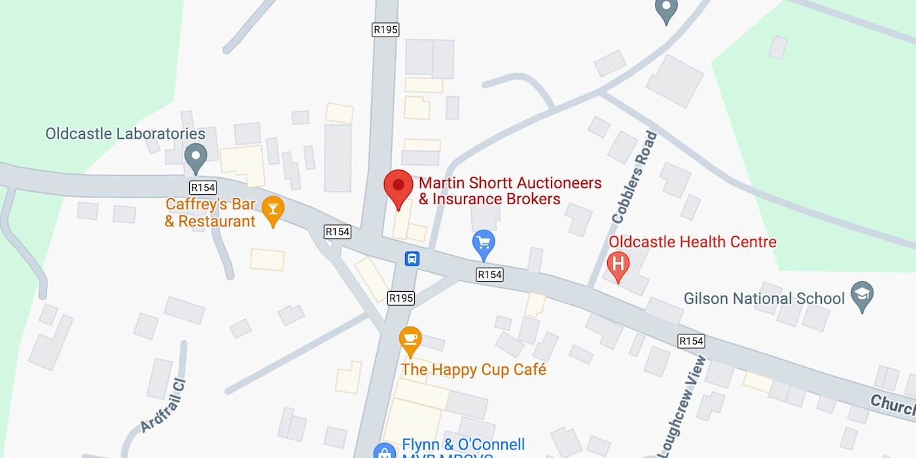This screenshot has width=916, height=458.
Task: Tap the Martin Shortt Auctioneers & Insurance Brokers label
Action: pyautogui.click(x=510, y=191)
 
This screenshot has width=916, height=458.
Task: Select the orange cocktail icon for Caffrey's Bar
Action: pyautogui.click(x=273, y=210)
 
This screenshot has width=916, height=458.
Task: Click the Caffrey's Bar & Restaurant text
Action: pyautogui.click(x=210, y=213)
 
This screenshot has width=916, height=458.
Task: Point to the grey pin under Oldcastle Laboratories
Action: pyautogui.click(x=195, y=156)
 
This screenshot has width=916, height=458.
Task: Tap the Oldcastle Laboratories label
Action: pyautogui.click(x=125, y=134)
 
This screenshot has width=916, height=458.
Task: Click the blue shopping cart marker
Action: pyautogui.click(x=484, y=243)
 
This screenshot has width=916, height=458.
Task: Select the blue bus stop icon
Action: pyautogui.click(x=412, y=258)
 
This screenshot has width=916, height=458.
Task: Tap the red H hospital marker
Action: pyautogui.click(x=618, y=265)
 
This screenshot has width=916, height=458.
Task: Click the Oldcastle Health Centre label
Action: pyautogui.click(x=692, y=242)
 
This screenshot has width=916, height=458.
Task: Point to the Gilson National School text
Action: pyautogui.click(x=764, y=299)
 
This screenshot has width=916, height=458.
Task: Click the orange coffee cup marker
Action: pyautogui.click(x=410, y=339)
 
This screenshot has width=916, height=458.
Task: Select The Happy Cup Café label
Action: pyautogui.click(x=473, y=370)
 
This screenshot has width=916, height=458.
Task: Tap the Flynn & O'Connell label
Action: pyautogui.click(x=463, y=446)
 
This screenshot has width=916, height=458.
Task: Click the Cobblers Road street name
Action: pyautogui.click(x=633, y=177)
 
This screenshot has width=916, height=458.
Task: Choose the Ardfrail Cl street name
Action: pyautogui.click(x=164, y=406)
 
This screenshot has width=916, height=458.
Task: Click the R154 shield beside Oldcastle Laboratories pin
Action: pyautogui.click(x=203, y=187)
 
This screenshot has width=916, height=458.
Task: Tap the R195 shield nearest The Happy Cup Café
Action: pyautogui.click(x=401, y=298)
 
